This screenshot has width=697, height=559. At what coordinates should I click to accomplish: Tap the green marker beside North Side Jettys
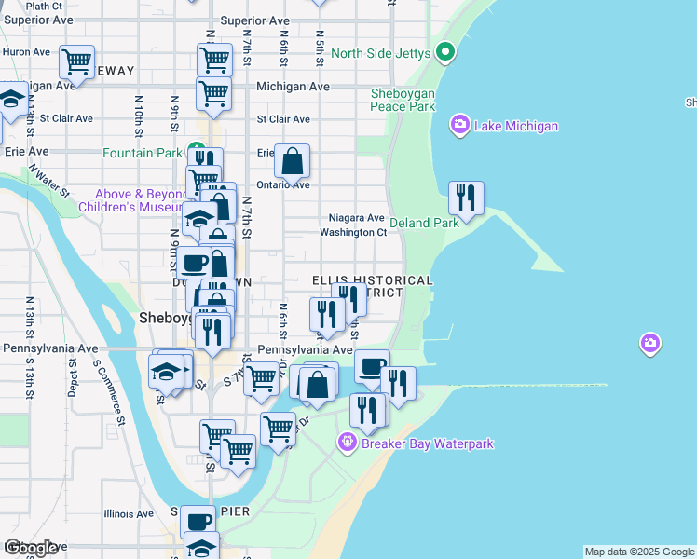pyautogui.click(x=445, y=52)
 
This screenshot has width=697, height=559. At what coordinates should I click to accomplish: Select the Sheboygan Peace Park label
pyautogui.click(x=403, y=100)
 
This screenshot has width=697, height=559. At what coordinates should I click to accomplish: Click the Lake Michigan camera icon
pyautogui.click(x=459, y=124)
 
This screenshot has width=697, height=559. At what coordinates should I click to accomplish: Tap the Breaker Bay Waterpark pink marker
pyautogui.click(x=348, y=441)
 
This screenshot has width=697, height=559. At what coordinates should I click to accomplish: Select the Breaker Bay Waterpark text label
pyautogui.click(x=428, y=444)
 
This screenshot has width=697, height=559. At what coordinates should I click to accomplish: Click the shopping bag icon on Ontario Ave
pyautogui.click(x=293, y=162)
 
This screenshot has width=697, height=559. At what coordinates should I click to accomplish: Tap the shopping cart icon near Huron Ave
pyautogui.click(x=76, y=62)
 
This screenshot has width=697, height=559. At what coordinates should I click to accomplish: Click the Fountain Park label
pyautogui.click(x=142, y=153)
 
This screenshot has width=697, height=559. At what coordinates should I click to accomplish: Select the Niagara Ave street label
pyautogui.click(x=350, y=217)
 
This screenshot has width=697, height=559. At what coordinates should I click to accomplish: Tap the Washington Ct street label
pyautogui.click(x=353, y=232)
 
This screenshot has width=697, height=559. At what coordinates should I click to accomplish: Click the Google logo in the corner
pyautogui.click(x=31, y=548)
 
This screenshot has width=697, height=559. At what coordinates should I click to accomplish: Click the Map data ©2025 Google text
pyautogui.click(x=638, y=552)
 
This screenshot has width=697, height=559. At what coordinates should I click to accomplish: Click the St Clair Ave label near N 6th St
pyautogui.click(x=283, y=119)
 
